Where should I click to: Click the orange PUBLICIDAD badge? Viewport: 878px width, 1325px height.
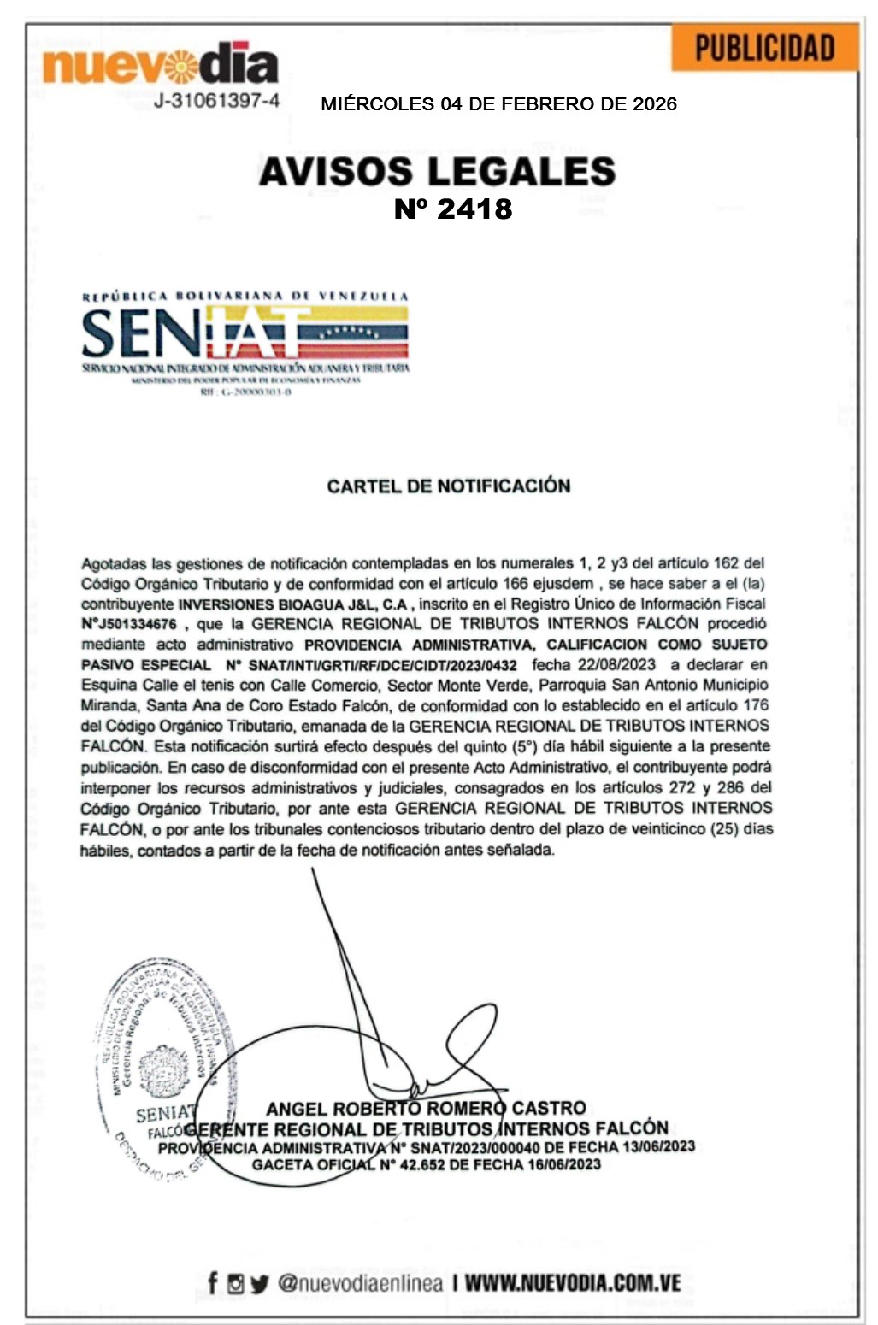tap(764, 48)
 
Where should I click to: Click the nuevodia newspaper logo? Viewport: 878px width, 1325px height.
tap(161, 64)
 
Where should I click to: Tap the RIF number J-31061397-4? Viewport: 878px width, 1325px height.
tap(216, 101)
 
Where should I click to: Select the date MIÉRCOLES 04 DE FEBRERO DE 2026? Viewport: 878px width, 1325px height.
tap(498, 104)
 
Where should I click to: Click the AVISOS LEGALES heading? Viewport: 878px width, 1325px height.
tap(437, 172)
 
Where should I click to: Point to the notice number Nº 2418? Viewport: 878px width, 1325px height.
tap(452, 209)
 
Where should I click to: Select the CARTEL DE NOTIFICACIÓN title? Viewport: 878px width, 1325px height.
tap(448, 486)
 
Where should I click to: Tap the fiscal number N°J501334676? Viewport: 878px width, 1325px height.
tap(129, 624)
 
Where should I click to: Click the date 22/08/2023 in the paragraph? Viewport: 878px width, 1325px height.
tap(616, 664)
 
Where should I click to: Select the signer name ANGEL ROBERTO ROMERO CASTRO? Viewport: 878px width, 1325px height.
tap(426, 1109)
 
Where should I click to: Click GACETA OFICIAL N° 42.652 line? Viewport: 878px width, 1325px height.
tap(426, 1164)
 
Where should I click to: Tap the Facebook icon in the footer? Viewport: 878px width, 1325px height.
tap(213, 1282)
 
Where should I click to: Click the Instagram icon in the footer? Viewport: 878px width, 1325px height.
tap(236, 1283)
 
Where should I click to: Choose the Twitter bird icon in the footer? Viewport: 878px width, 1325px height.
tap(260, 1283)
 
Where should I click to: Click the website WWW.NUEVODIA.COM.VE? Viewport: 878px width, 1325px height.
tap(573, 1282)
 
